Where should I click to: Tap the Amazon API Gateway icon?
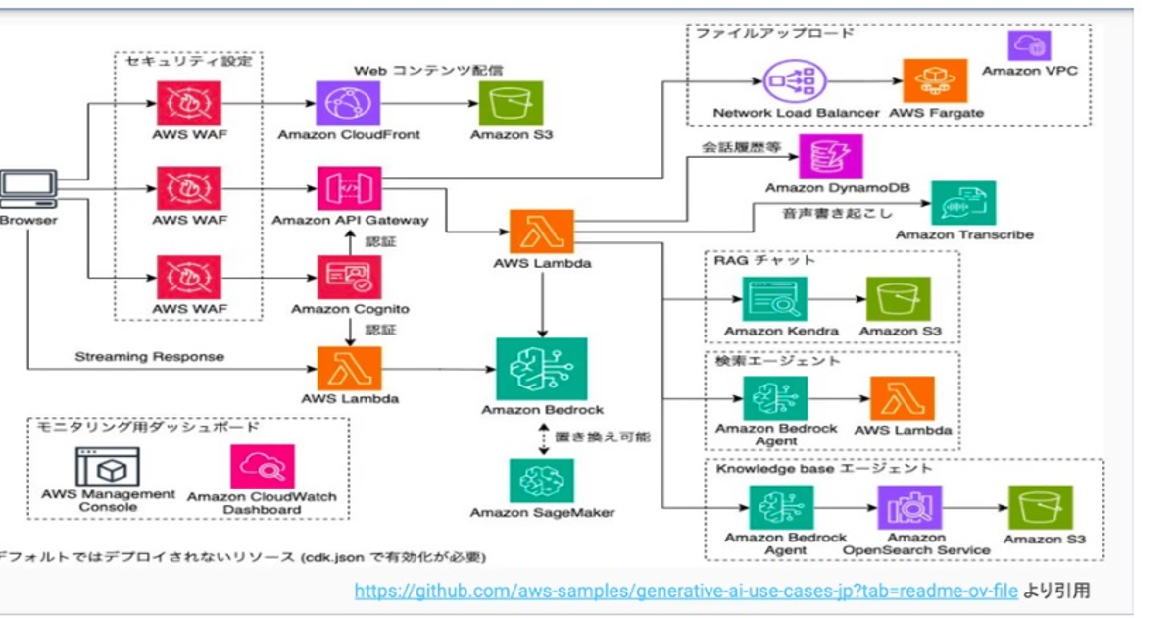(348, 187)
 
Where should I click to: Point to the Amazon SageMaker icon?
(541, 480)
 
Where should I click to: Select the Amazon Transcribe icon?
(963, 203)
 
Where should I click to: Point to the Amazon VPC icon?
(1029, 45)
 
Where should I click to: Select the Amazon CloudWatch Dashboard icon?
(261, 467)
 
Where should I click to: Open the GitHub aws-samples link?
(686, 591)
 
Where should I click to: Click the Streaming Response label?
(149, 356)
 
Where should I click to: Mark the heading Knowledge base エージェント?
(823, 468)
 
